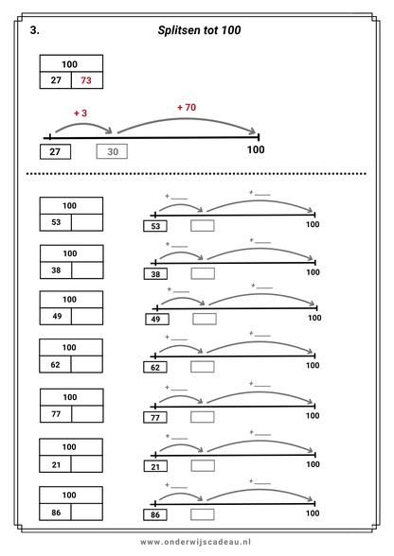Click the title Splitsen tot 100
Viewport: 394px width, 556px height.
(x=199, y=30)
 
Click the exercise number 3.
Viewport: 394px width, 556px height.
(x=35, y=30)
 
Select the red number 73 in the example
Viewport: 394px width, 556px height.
(x=86, y=80)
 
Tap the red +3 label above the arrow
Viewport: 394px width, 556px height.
(x=81, y=113)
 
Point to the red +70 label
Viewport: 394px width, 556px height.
(x=187, y=107)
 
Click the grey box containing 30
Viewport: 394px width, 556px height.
(x=112, y=151)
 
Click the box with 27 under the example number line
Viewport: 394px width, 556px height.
(x=55, y=151)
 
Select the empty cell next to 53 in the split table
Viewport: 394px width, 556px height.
(x=87, y=223)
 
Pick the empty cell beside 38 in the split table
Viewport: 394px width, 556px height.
(x=87, y=270)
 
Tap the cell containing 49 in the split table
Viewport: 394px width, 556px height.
(x=56, y=316)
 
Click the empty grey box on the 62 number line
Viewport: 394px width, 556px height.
(x=203, y=367)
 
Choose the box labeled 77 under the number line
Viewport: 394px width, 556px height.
(x=155, y=417)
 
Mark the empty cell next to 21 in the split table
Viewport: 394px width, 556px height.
(x=87, y=464)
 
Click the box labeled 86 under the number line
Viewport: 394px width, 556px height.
(x=155, y=514)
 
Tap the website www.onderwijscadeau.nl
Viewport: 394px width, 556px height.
(x=196, y=542)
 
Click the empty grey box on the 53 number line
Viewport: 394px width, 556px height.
(x=203, y=226)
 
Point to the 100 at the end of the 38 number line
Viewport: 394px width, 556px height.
(x=313, y=272)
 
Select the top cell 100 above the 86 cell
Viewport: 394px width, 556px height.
(x=71, y=495)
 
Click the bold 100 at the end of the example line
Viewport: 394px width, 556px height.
(x=256, y=149)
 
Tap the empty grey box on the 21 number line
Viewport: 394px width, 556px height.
(x=203, y=465)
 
